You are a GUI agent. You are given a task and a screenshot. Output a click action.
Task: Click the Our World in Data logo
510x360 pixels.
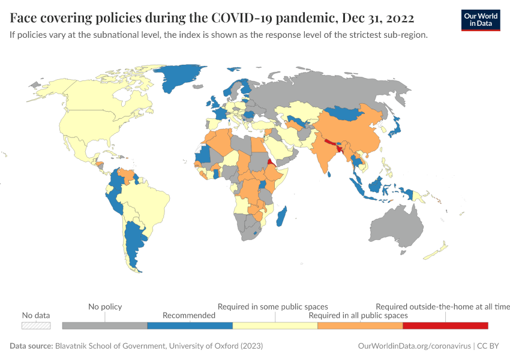[x=481, y=20]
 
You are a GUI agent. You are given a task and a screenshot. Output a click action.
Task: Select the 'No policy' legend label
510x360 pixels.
[x=105, y=307]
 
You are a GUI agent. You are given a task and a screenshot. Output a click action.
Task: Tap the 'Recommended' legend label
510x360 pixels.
[x=189, y=315]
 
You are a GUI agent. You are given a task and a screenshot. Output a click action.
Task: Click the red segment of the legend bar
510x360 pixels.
[x=445, y=325]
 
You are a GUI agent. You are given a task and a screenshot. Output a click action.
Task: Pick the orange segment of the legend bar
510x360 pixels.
[x=360, y=325]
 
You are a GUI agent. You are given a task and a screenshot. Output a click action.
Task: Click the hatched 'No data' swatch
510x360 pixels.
[x=36, y=325]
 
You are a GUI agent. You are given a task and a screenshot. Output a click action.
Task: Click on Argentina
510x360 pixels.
[x=133, y=246]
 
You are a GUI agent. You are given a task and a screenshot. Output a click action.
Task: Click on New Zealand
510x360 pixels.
[x=437, y=251]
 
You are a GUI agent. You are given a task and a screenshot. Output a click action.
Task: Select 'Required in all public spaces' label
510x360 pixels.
[x=358, y=315]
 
